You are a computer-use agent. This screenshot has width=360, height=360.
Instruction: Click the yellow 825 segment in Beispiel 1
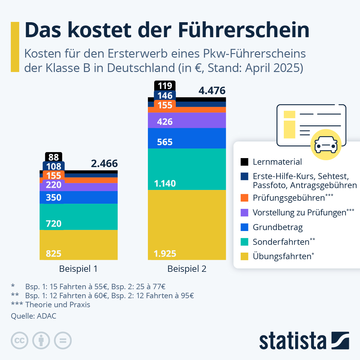pyautogui.click(x=79, y=244)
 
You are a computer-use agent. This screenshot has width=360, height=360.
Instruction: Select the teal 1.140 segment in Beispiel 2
pyautogui.click(x=187, y=169)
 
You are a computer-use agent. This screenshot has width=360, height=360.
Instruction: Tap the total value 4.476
pyautogui.click(x=212, y=91)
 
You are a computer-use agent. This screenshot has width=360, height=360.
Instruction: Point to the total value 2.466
pyautogui.click(x=104, y=163)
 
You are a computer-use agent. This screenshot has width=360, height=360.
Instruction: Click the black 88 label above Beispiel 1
pyautogui.click(x=54, y=157)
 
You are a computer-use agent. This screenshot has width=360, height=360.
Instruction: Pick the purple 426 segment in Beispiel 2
pyautogui.click(x=187, y=121)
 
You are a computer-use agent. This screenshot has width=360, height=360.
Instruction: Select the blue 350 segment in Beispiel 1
pyautogui.click(x=79, y=197)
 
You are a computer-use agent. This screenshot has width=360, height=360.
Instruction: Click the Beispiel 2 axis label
pyautogui.click(x=187, y=269)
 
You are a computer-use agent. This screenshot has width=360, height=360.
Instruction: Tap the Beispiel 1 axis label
pyautogui.click(x=78, y=269)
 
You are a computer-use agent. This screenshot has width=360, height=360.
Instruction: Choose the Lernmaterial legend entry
pyautogui.click(x=277, y=162)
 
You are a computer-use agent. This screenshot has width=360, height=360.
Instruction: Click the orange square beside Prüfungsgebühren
pyautogui.click(x=244, y=198)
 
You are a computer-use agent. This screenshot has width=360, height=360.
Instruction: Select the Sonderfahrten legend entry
pyautogui.click(x=281, y=242)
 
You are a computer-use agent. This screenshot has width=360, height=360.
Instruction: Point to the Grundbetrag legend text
pyautogui.click(x=277, y=227)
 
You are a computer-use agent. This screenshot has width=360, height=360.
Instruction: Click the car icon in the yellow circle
pyautogui.click(x=326, y=145)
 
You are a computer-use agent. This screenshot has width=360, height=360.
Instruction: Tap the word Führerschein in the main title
pyautogui.click(x=243, y=30)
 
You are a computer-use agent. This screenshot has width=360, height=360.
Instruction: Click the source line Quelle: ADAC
pyautogui.click(x=34, y=316)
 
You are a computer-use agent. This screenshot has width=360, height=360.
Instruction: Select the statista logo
pyautogui.click(x=304, y=340)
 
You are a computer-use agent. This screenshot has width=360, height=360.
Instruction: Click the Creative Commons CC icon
pyautogui.click(x=19, y=340)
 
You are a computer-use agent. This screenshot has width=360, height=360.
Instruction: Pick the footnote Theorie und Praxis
pyautogui.click(x=58, y=305)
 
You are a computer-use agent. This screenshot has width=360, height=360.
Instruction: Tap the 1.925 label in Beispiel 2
pyautogui.click(x=165, y=254)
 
